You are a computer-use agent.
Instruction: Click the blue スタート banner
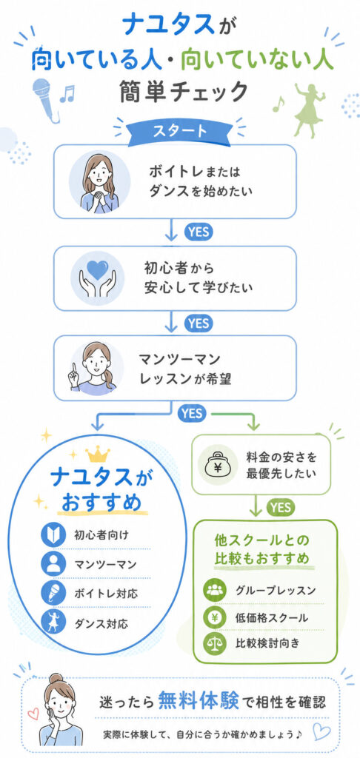[x=180, y=131]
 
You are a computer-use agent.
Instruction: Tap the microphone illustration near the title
[x=45, y=100]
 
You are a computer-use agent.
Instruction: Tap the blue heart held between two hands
[x=98, y=270]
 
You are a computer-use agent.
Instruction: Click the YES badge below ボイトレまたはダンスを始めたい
[x=199, y=232]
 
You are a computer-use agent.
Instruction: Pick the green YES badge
[x=280, y=507]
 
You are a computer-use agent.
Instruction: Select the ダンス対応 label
[x=101, y=623]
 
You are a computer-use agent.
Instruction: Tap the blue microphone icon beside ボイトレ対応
[x=53, y=594]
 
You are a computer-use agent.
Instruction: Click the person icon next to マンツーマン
[x=53, y=563]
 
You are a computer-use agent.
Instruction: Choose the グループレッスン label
[x=276, y=590]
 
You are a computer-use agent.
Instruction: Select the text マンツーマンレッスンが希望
[x=184, y=369]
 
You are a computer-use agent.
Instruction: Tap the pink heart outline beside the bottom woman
[x=33, y=713]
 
